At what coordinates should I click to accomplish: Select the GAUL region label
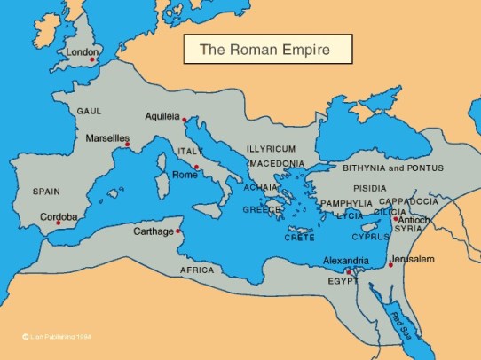[91, 112]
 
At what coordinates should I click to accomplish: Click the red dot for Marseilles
[127, 145]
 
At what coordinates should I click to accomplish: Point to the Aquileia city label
[162, 116]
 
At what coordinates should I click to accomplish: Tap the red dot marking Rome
[196, 166]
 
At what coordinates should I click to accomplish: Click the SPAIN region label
[47, 191]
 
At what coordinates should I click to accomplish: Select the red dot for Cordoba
[58, 223]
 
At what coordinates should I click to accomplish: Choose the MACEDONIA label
[277, 164]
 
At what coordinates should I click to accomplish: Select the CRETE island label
[299, 238]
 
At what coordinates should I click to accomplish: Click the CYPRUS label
[370, 238]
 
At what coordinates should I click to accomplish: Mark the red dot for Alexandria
[349, 271]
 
